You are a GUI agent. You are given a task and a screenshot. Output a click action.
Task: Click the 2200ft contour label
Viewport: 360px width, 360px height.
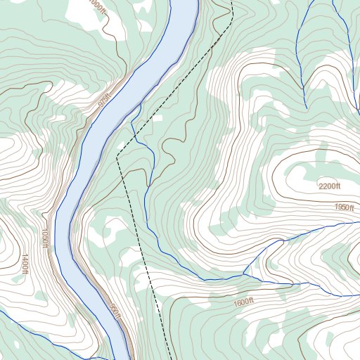click(x=329, y=186)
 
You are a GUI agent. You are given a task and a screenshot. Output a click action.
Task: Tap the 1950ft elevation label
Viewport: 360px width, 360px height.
click(x=345, y=207)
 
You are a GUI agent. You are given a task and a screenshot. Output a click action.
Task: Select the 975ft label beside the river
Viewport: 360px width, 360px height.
click(x=105, y=101)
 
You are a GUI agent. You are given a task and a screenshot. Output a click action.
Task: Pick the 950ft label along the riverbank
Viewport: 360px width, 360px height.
click(x=115, y=311)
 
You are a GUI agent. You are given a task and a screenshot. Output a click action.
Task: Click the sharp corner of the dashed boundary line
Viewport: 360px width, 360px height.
click(x=117, y=158)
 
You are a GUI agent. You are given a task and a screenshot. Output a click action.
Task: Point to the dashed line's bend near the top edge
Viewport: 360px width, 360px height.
click(x=231, y=14)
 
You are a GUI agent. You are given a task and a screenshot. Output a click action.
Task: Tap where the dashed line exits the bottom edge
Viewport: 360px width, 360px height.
click(x=169, y=359)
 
